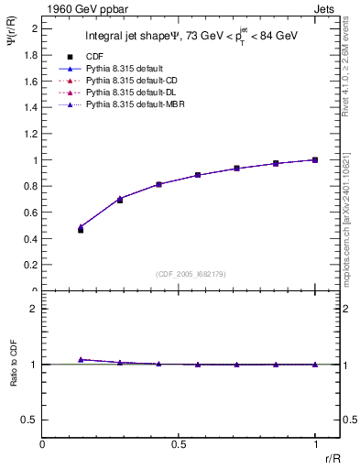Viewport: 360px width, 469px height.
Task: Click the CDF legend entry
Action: (x=93, y=57)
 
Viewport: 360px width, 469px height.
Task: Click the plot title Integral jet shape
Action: (x=137, y=38)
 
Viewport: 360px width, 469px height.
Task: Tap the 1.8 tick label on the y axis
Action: (x=31, y=55)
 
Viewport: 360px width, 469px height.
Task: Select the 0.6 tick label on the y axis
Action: (x=31, y=213)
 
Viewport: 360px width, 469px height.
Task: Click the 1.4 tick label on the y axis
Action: (x=31, y=107)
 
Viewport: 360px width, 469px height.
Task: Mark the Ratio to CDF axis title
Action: (x=14, y=378)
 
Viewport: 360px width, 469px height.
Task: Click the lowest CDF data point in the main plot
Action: (x=81, y=230)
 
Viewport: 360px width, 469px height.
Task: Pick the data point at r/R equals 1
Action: (x=315, y=159)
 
